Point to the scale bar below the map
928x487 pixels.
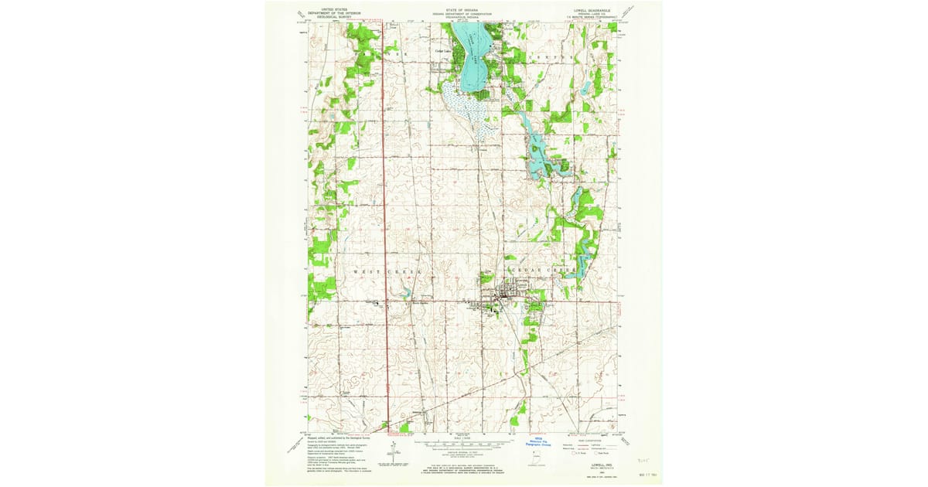point(464,445)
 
